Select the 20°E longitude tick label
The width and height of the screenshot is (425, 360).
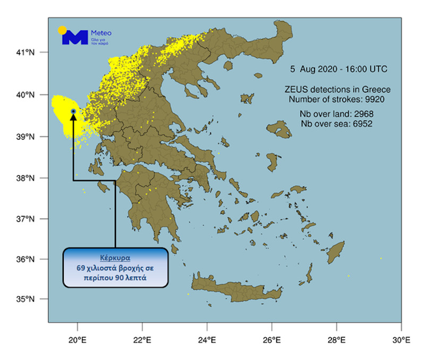[x=78, y=340]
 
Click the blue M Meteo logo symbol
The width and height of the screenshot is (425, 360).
[x=74, y=37]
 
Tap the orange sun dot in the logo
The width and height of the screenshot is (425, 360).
[x=62, y=30]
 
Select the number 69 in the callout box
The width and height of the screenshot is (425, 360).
[x=84, y=268]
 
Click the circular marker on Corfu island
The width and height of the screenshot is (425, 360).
[x=73, y=111]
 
